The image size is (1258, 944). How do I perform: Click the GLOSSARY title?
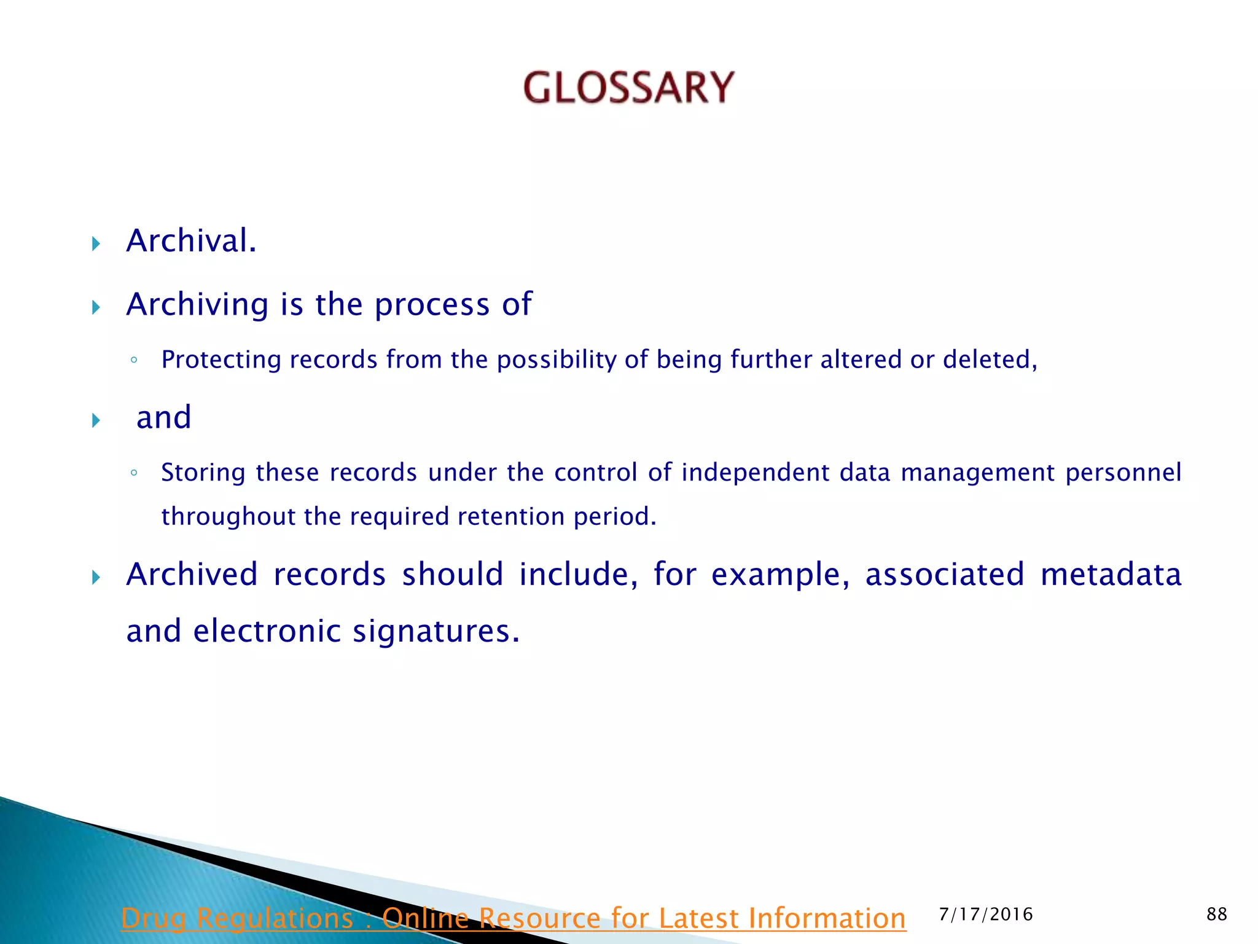pos(628,87)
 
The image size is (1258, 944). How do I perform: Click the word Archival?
pos(191,241)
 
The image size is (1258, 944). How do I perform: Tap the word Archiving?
pos(197,304)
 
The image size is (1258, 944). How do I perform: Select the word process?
pos(431,305)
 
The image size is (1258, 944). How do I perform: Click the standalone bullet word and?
pos(163,418)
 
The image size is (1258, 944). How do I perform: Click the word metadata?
pos(1111,575)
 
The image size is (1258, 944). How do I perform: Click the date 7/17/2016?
pos(986,914)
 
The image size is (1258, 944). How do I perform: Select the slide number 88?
pos(1216,914)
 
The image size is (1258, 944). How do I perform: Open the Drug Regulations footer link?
pos(514,919)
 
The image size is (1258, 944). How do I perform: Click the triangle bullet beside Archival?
pos(96,244)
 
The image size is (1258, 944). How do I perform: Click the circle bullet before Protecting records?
pos(134,360)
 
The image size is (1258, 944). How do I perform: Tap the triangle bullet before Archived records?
pos(96,577)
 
